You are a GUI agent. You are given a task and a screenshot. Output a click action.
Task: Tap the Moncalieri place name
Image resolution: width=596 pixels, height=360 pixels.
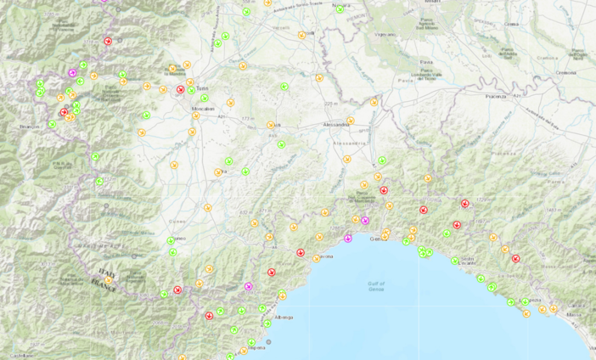203,110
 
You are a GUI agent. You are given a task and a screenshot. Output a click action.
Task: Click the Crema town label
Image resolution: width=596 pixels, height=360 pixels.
512,25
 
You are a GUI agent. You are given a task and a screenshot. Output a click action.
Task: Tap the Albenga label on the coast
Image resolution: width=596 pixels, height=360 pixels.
284,318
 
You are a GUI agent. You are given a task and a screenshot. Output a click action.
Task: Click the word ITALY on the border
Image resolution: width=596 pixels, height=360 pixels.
105,273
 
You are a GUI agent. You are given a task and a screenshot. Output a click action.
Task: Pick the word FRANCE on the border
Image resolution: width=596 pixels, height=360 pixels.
107,284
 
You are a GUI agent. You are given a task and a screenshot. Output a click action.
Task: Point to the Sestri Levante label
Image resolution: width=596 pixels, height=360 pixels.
468,263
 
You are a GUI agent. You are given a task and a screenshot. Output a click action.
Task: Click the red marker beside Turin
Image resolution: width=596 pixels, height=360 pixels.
180,89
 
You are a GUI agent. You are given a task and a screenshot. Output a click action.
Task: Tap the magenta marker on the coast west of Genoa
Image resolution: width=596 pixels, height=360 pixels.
348,238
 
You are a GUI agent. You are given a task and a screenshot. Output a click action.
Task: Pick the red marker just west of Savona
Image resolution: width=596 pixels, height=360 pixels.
300,252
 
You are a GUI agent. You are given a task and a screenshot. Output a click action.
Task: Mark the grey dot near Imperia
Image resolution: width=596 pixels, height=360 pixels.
268,344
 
